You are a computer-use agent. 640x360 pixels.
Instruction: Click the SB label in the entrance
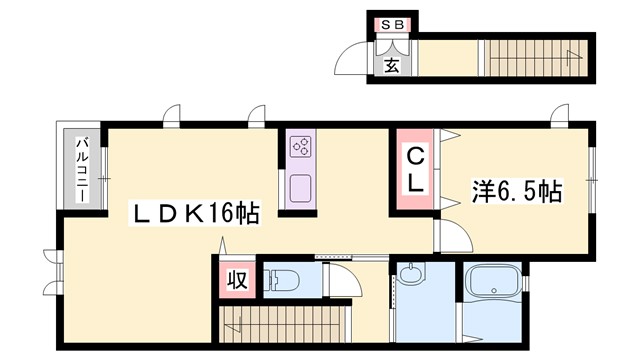click(390, 23)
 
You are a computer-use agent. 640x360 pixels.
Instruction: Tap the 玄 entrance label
click(391, 67)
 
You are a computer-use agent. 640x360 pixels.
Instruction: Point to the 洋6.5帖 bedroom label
click(516, 191)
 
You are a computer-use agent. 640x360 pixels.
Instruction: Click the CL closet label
click(414, 169)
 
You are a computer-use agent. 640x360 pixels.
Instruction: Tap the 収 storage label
click(239, 279)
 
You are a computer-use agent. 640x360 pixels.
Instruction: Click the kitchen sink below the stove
click(300, 187)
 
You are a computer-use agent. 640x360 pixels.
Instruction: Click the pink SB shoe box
click(390, 23)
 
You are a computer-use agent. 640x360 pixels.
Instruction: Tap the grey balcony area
click(82, 165)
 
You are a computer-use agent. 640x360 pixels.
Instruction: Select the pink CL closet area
click(414, 169)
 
